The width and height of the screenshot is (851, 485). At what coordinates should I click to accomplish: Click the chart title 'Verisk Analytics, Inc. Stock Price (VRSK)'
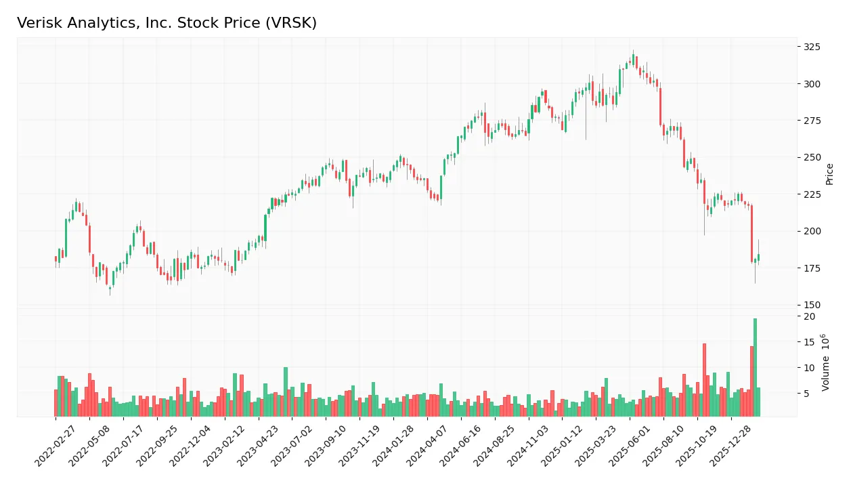pos(167,23)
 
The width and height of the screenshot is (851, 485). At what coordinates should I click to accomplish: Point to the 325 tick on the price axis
pos(812,47)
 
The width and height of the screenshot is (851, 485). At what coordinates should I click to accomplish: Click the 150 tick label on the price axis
pos(812,305)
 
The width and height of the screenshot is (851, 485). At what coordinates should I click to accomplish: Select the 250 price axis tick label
pos(812,157)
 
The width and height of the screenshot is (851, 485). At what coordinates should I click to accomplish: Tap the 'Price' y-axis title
pos(829,174)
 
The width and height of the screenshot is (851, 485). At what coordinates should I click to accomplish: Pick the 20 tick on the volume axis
pos(809,316)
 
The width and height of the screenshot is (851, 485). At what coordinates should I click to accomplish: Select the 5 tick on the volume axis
pos(807,393)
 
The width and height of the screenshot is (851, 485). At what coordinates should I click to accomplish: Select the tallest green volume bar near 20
pos(755,367)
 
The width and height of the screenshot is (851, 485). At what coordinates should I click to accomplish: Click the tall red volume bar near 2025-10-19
pos(704,379)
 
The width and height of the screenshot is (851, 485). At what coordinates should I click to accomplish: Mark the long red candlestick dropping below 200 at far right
pos(751,233)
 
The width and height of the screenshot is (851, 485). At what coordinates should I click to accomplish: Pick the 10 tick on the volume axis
pos(809,368)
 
